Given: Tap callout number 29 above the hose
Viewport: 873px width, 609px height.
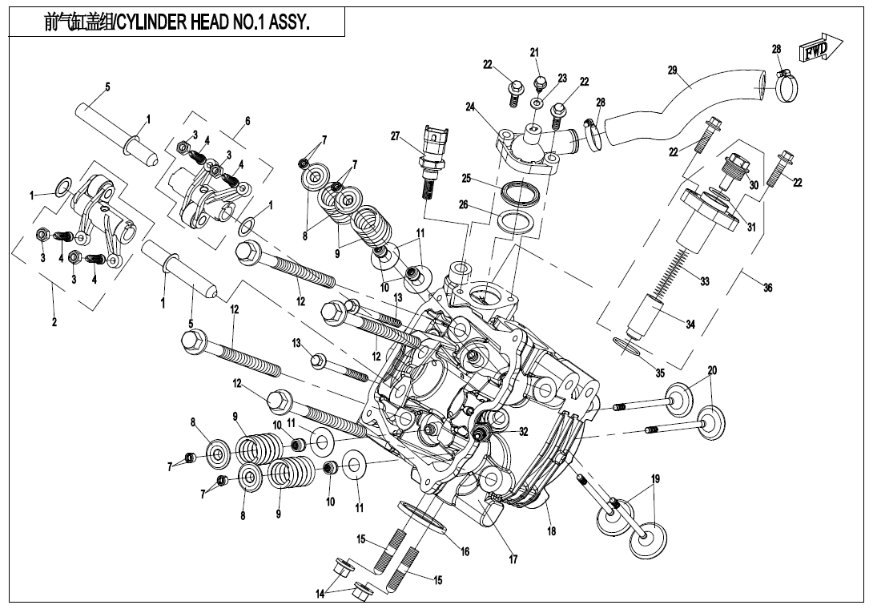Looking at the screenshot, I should pyautogui.click(x=673, y=71).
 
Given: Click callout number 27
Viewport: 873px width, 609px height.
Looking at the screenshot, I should pyautogui.click(x=395, y=136).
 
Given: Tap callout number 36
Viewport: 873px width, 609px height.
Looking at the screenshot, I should pyautogui.click(x=767, y=288).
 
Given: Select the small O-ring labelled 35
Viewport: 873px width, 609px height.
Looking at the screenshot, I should pyautogui.click(x=629, y=345).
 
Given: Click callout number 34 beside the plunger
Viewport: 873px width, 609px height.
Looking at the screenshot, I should pyautogui.click(x=690, y=324).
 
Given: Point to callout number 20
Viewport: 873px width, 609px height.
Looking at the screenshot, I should pyautogui.click(x=712, y=370).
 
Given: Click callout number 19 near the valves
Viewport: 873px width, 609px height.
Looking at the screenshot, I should pyautogui.click(x=655, y=479).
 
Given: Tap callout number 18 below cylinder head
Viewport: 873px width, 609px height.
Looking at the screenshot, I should pyautogui.click(x=552, y=530).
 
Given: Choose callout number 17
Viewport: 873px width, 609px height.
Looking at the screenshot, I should pyautogui.click(x=513, y=560).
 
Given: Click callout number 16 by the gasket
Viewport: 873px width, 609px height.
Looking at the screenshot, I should pyautogui.click(x=465, y=551).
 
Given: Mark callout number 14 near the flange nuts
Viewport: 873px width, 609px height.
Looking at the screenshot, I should pyautogui.click(x=320, y=594).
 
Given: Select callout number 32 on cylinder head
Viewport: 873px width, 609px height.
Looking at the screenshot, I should pyautogui.click(x=523, y=431).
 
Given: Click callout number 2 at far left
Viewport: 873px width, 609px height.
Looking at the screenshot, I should pyautogui.click(x=54, y=324).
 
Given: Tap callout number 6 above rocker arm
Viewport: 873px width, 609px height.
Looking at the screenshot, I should pyautogui.click(x=247, y=121).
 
